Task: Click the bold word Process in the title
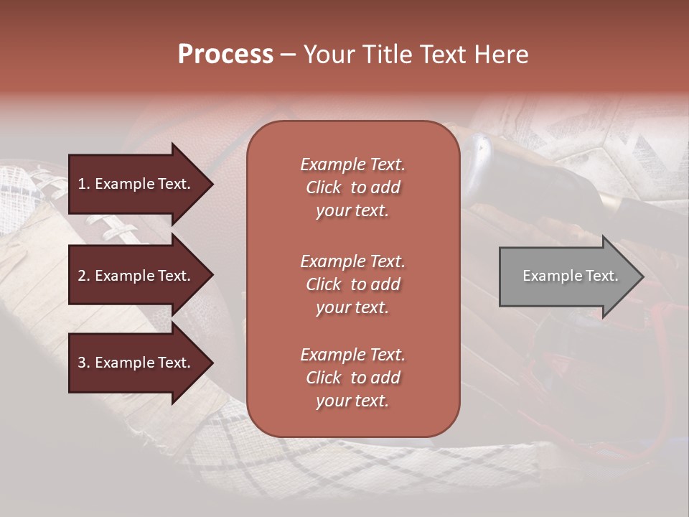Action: point(225,55)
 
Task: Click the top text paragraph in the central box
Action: point(352,187)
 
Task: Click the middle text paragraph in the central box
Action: point(352,284)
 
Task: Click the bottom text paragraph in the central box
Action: point(352,378)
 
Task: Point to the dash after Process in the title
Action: point(288,56)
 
